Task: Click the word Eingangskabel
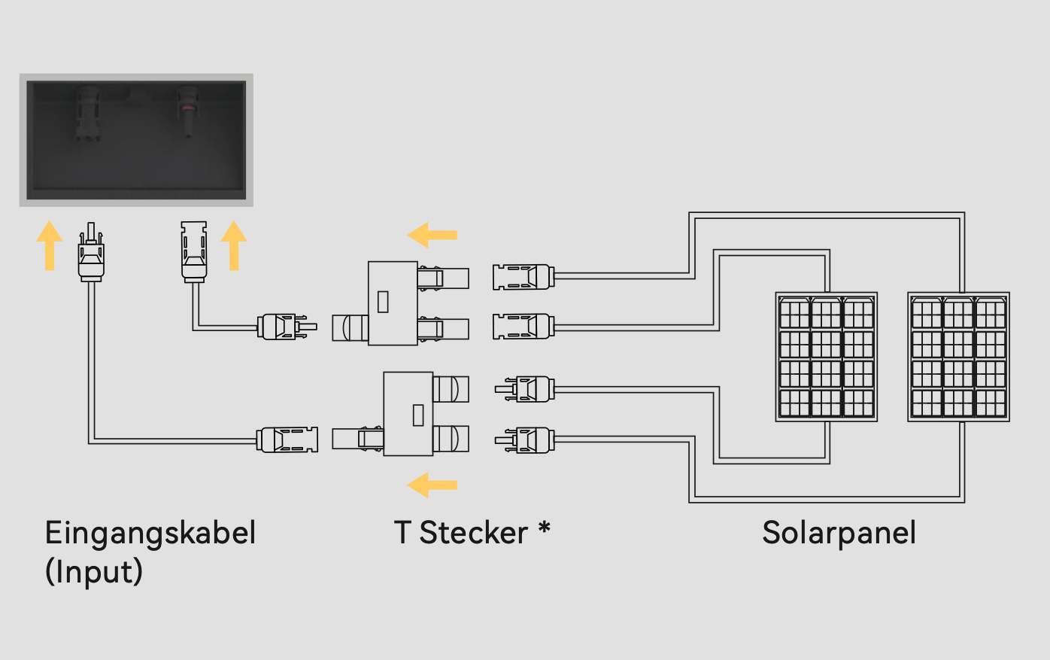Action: [150, 534]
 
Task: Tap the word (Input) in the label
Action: [94, 571]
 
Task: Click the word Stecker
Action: [473, 533]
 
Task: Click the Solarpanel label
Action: [839, 533]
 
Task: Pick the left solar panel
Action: [826, 357]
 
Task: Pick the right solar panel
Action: [958, 357]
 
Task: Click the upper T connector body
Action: [393, 303]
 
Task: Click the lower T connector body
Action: [408, 413]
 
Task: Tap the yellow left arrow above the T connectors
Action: [432, 235]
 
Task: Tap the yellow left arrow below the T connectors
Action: [432, 485]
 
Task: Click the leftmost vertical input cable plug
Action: [91, 253]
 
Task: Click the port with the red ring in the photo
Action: [187, 111]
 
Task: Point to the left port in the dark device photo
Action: [87, 113]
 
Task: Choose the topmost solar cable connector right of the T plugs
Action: [523, 277]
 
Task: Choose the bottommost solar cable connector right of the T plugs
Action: [525, 439]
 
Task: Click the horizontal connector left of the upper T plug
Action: [286, 327]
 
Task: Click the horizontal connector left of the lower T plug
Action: [287, 439]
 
